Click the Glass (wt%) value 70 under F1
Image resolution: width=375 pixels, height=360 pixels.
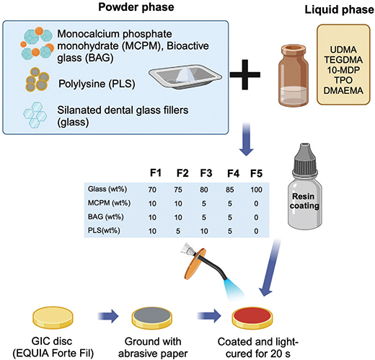[153, 190]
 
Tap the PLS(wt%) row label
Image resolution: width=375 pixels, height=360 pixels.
[101, 231]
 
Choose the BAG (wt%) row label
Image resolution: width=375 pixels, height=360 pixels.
[102, 217]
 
